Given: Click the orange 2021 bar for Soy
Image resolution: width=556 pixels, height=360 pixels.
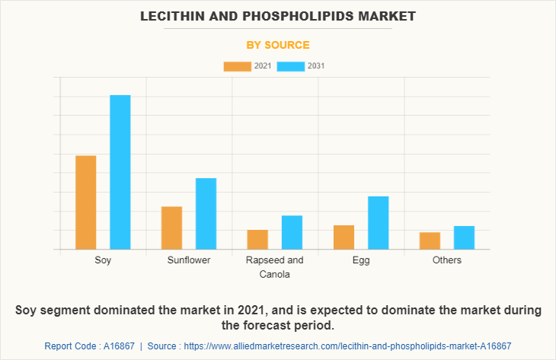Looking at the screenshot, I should pyautogui.click(x=86, y=202).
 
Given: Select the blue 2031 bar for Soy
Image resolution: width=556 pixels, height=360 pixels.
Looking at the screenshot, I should pyautogui.click(x=120, y=172).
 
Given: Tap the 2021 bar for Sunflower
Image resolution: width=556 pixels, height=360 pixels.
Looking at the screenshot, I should pyautogui.click(x=172, y=228).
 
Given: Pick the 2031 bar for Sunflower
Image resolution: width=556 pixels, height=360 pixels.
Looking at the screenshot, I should pyautogui.click(x=206, y=214).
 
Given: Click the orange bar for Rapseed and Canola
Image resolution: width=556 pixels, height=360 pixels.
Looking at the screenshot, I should pyautogui.click(x=257, y=239).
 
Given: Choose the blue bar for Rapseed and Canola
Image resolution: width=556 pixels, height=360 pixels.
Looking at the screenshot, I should pyautogui.click(x=292, y=232).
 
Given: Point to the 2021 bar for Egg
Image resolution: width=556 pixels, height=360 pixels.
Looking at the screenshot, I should pyautogui.click(x=344, y=237).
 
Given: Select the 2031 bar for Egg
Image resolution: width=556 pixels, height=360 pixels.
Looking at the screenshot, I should pyautogui.click(x=378, y=223).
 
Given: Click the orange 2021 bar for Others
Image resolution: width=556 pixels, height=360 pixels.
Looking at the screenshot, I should pyautogui.click(x=430, y=241).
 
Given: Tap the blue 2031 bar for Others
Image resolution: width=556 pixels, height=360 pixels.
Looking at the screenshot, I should pyautogui.click(x=464, y=237).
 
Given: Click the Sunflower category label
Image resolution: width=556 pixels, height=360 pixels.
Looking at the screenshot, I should pyautogui.click(x=189, y=260).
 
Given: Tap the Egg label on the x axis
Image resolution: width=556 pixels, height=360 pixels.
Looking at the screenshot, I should pyautogui.click(x=361, y=260).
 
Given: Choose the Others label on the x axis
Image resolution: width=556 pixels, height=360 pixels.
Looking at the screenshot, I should pyautogui.click(x=446, y=260).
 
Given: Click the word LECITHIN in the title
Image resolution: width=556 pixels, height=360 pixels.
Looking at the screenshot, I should pyautogui.click(x=174, y=15).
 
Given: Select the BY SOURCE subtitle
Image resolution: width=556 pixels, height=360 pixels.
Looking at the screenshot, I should pyautogui.click(x=277, y=45).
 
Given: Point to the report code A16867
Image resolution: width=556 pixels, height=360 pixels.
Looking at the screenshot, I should pyautogui.click(x=114, y=346).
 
